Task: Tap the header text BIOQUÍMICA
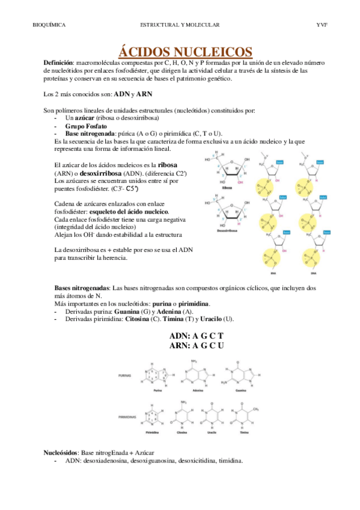pos(49,25)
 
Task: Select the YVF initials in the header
pos(321,25)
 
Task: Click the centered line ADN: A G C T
pos(196,336)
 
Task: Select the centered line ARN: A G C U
pos(196,345)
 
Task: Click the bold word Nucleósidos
pos(62,451)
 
